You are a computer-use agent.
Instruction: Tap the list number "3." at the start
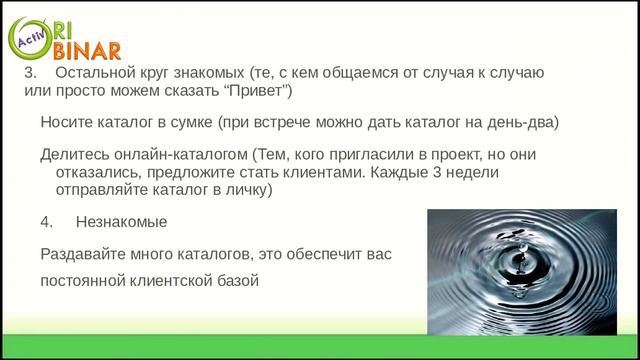(29, 74)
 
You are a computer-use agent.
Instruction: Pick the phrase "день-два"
(526, 123)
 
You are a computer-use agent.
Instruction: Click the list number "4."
(47, 221)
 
